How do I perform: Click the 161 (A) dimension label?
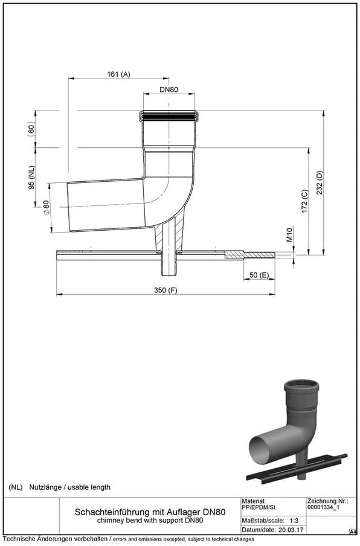coord(118,74)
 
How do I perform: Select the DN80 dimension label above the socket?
coord(169,89)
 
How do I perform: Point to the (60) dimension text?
coord(31,129)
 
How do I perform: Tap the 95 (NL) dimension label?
coord(31,177)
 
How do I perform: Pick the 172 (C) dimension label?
coord(304,201)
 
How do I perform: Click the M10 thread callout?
coord(289,234)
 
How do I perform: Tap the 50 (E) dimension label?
coord(259,275)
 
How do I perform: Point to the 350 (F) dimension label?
coord(166,290)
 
